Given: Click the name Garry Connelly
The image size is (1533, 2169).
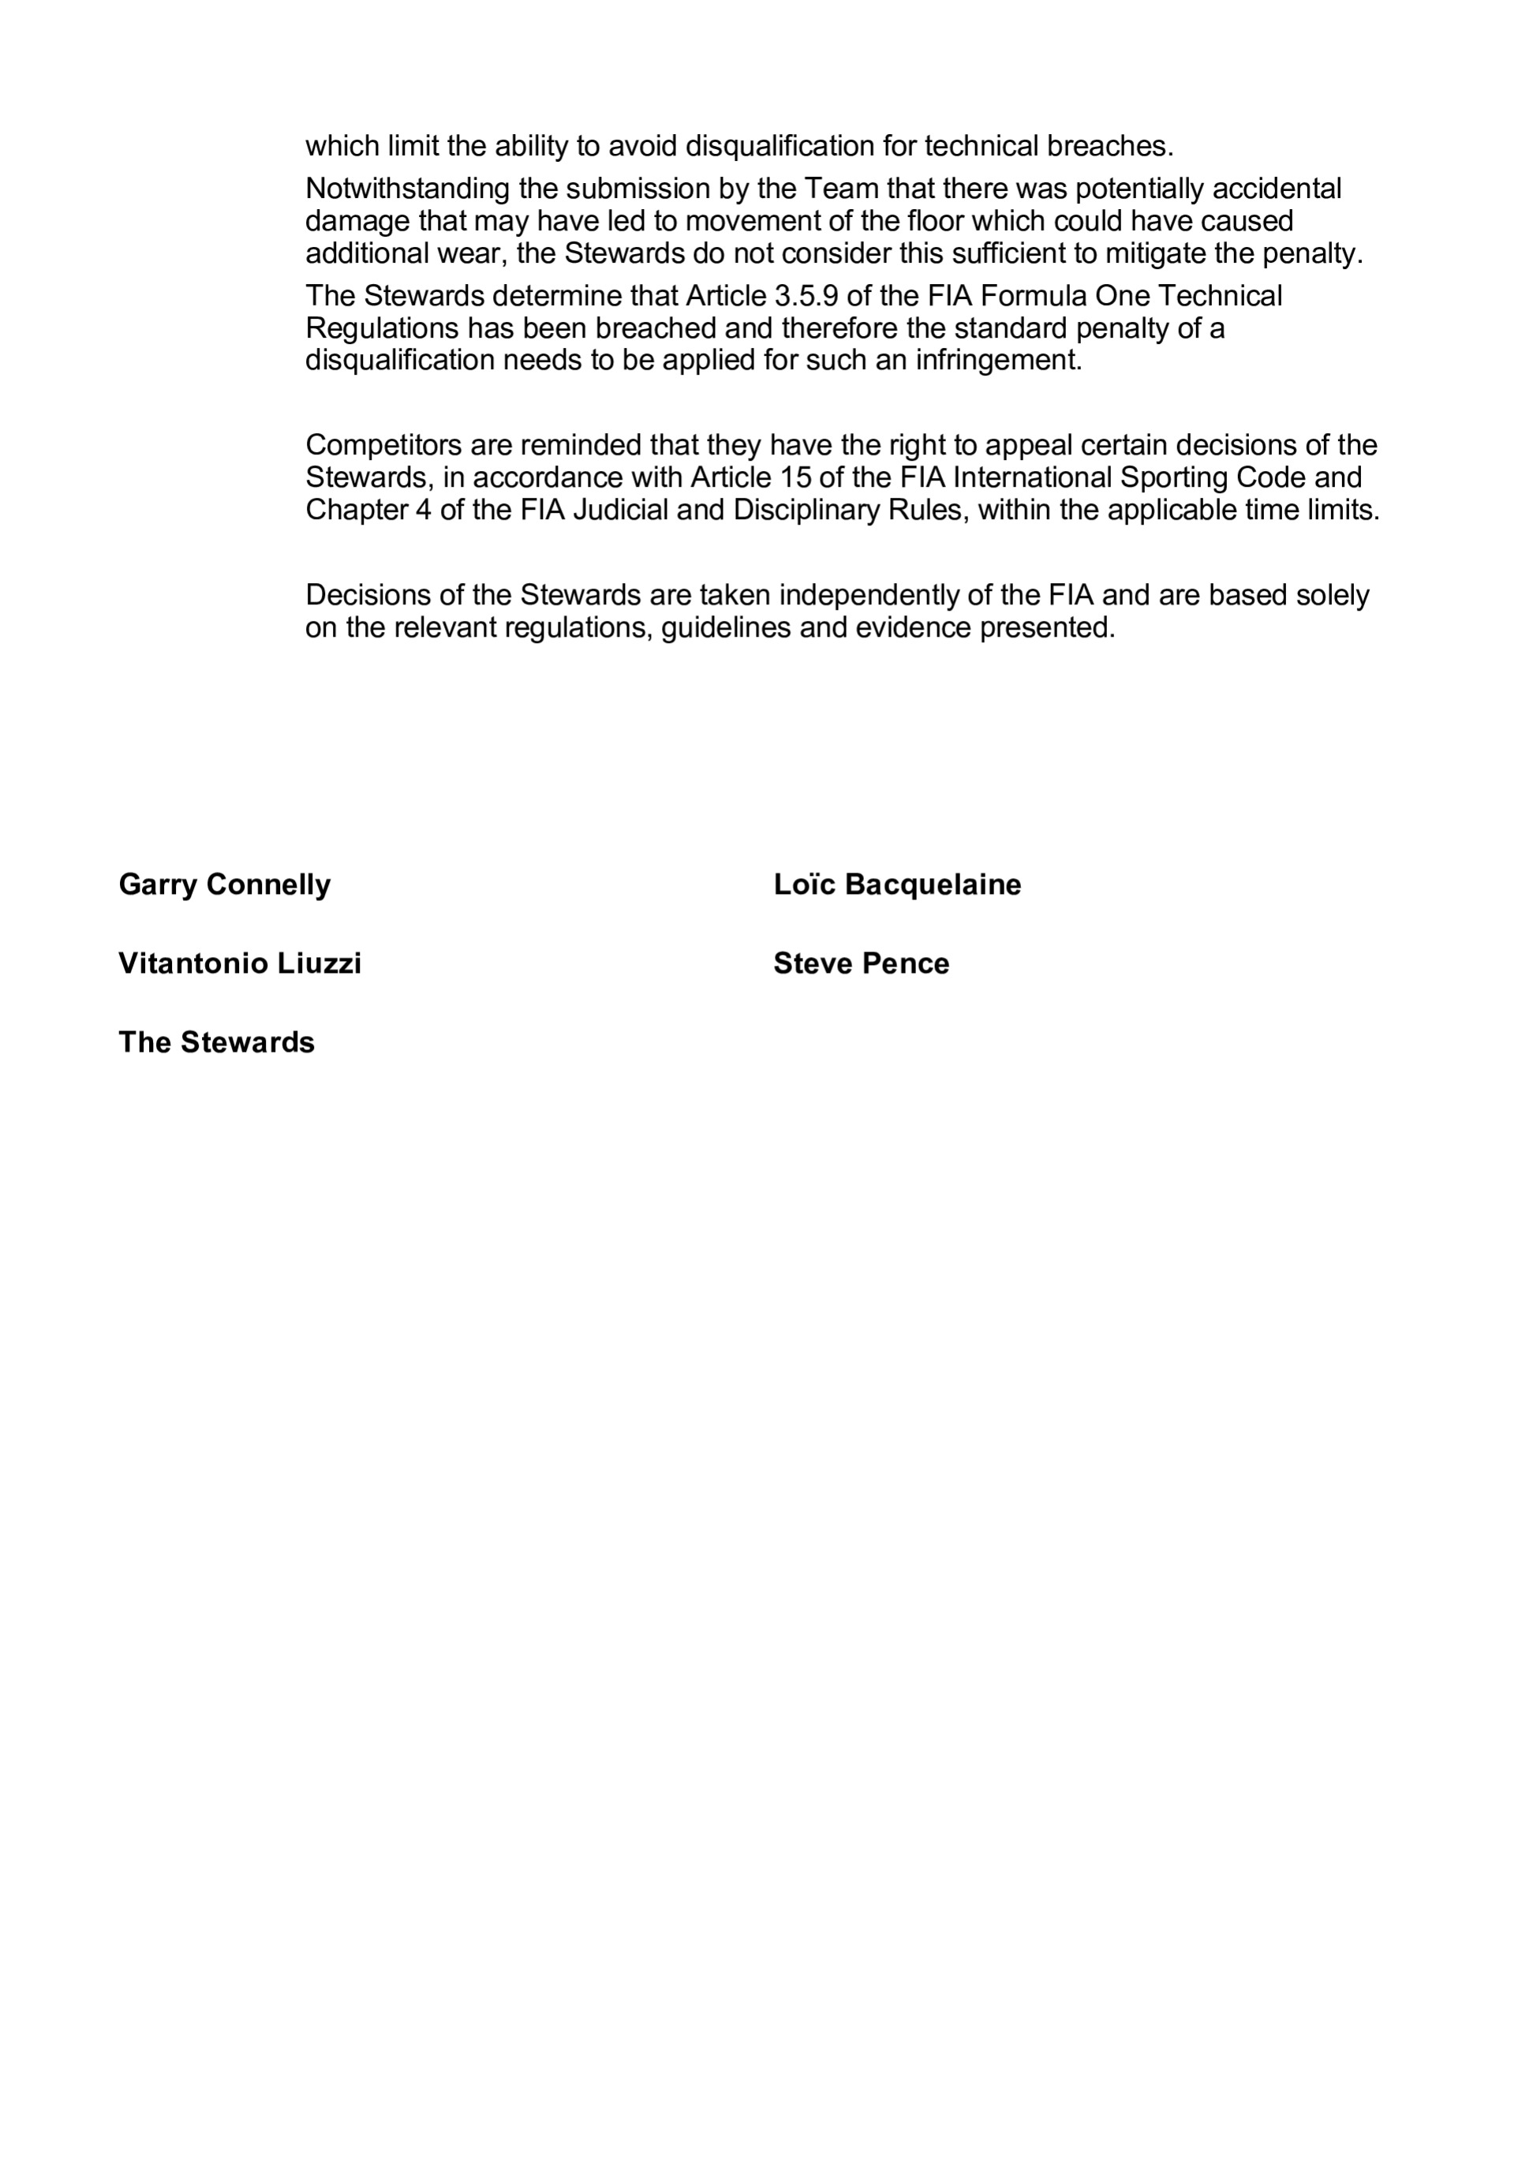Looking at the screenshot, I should tap(225, 884).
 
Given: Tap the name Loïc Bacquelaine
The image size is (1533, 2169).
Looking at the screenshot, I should tap(897, 884).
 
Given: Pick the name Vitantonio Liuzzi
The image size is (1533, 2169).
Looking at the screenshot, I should tap(240, 963).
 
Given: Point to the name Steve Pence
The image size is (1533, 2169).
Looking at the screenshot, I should tap(862, 963).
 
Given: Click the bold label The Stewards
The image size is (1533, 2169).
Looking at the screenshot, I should tap(216, 1042).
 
